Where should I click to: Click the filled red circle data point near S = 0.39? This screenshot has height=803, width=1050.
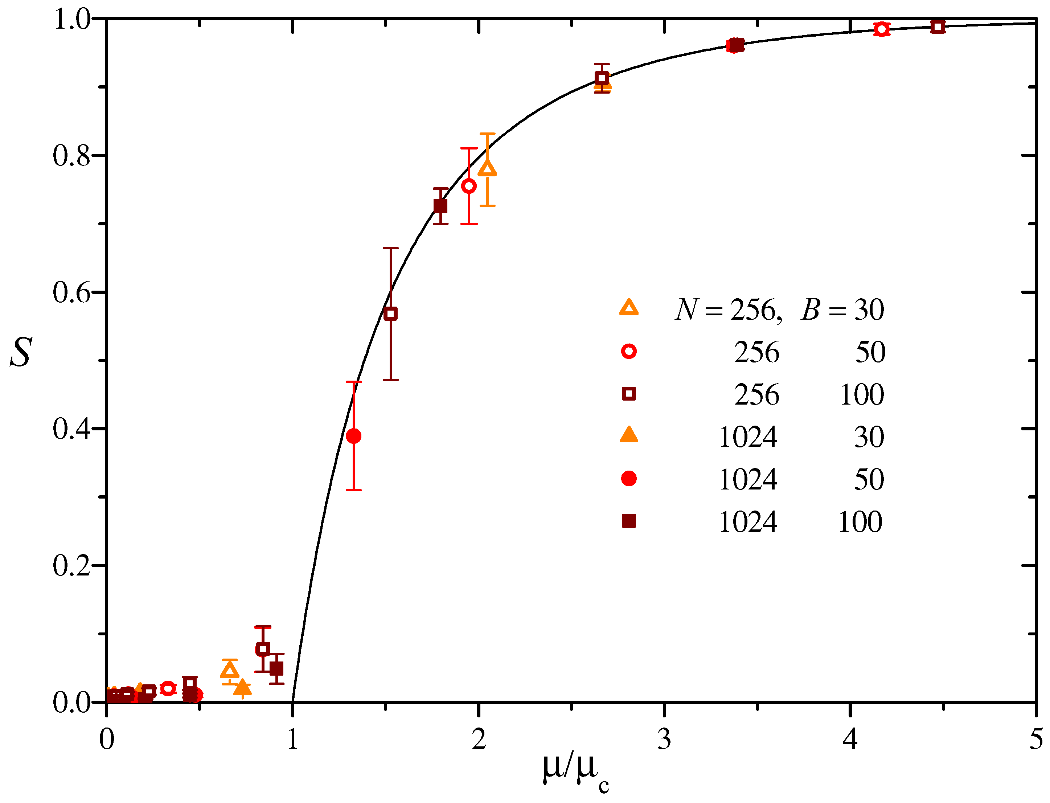(354, 436)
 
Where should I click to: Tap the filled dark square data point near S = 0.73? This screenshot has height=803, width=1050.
(440, 206)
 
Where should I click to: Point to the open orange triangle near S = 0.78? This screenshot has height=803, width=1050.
(487, 169)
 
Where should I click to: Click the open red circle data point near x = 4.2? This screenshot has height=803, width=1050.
(881, 29)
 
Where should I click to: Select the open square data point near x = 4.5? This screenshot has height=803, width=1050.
(938, 27)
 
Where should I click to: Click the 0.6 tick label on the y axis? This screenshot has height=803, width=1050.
(71, 292)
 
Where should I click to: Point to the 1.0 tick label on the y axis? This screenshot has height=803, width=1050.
(71, 20)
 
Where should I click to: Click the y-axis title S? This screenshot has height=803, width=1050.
(21, 352)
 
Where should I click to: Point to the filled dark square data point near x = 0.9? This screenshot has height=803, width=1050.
(276, 669)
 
